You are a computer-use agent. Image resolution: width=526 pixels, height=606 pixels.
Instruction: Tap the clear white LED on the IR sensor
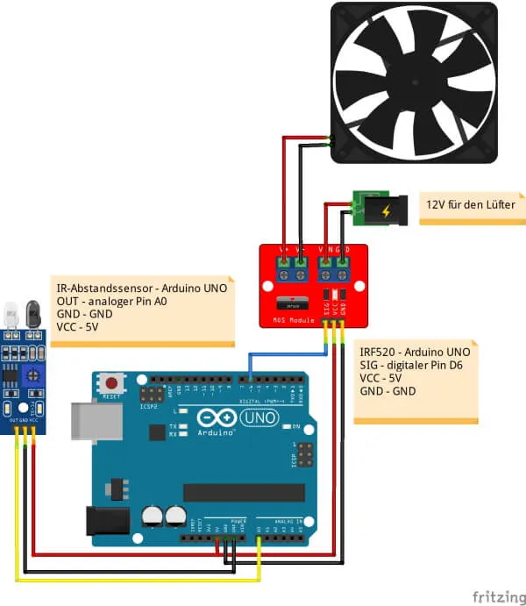tap(11, 311)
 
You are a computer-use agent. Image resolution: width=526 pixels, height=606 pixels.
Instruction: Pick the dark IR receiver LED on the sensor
tap(32, 311)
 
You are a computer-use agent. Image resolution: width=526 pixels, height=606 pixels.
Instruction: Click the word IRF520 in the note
tap(378, 351)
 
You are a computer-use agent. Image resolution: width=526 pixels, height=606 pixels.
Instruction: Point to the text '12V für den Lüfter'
tap(471, 204)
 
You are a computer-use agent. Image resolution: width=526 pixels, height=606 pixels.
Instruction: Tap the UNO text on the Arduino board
tap(260, 418)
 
